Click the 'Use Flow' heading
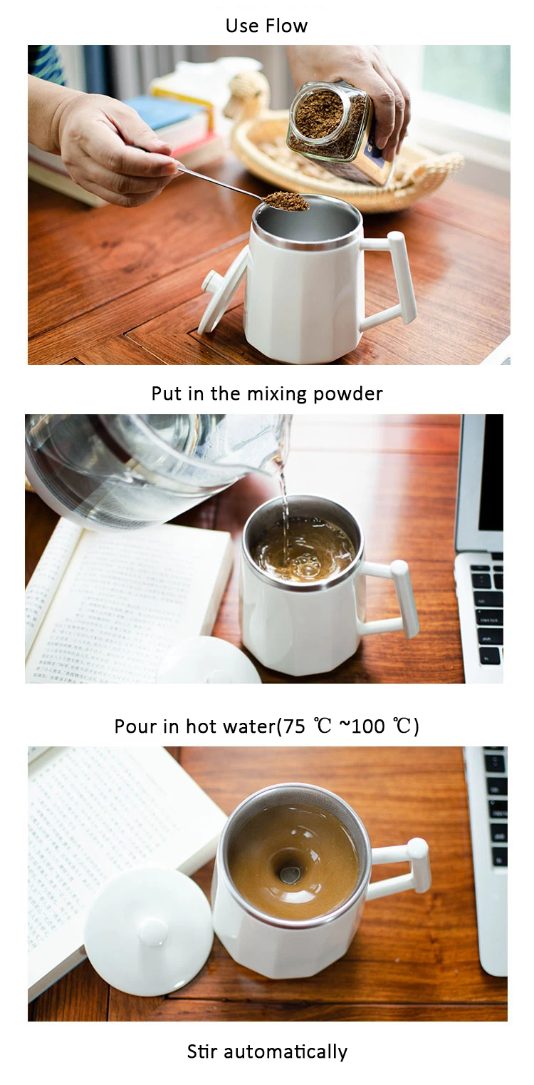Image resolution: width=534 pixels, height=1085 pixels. click(x=266, y=26)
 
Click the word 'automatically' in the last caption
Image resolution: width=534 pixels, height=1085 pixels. click(x=286, y=1051)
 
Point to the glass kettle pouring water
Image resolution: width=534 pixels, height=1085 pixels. click(x=155, y=470)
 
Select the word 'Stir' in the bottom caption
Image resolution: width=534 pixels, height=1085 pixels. click(x=203, y=1051)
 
